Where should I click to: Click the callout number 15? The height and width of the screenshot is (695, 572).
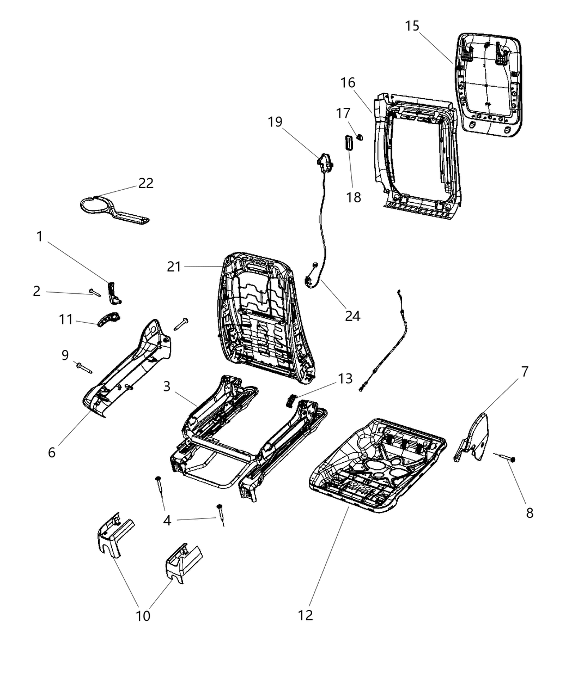[412, 26]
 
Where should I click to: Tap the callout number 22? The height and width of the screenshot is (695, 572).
[145, 183]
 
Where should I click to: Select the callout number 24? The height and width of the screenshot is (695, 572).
[352, 315]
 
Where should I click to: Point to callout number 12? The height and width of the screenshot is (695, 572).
[306, 615]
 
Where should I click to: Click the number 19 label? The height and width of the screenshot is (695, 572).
[275, 121]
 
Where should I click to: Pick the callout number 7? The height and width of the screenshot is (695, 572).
[524, 372]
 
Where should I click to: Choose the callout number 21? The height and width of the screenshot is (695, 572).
[174, 267]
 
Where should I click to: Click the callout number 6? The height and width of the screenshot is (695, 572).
[52, 452]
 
